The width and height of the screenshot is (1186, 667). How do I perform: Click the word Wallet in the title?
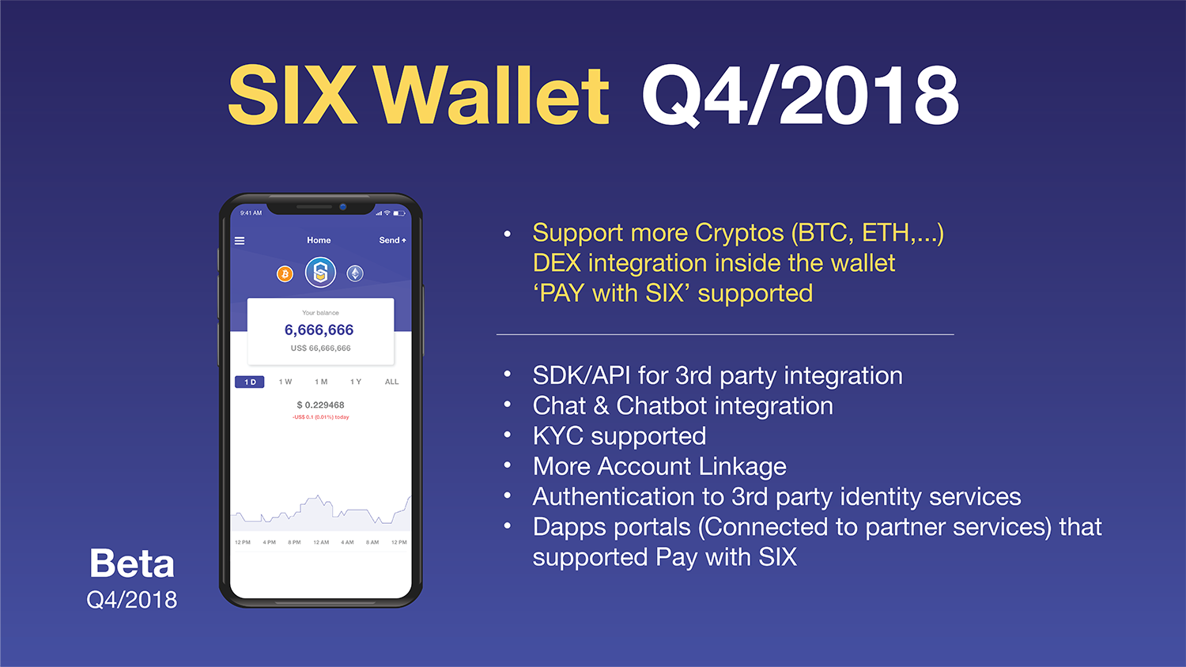490,96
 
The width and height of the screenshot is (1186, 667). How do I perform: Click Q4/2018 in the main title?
800,96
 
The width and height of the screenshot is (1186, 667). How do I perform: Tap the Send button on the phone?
392,240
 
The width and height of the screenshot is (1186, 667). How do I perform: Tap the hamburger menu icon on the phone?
240,240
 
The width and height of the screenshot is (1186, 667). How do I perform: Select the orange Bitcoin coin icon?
285,273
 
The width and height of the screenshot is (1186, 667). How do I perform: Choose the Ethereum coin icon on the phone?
355,273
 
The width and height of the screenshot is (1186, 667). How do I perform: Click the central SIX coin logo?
320,273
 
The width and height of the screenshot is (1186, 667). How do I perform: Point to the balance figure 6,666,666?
319,330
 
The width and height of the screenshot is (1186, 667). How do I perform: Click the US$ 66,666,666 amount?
320,348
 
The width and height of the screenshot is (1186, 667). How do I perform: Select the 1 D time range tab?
250,382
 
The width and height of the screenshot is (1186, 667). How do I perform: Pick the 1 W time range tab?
285,382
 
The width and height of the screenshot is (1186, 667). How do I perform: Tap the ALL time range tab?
391,382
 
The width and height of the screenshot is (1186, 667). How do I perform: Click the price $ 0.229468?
320,405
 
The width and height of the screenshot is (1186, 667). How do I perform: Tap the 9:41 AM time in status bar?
251,213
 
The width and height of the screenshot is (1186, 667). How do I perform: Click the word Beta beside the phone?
132,563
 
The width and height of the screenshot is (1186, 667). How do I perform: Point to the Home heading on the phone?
319,240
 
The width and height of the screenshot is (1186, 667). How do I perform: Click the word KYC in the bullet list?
557,436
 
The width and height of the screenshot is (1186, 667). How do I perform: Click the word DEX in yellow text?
557,263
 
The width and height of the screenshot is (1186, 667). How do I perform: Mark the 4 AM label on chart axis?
347,542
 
